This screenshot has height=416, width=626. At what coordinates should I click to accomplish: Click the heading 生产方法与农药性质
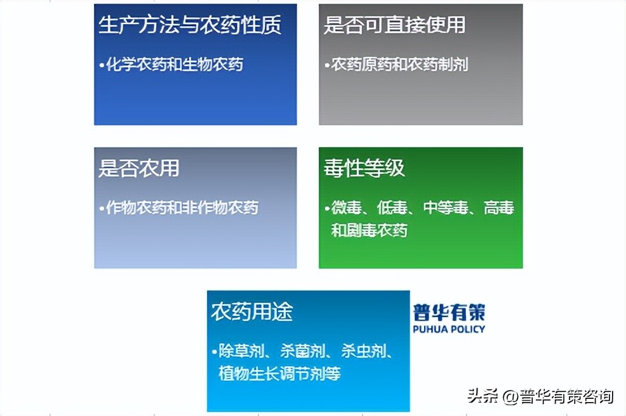point(190,25)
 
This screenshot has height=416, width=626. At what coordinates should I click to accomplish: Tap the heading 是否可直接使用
point(394,25)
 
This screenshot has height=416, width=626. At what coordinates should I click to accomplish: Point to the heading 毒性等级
point(364,168)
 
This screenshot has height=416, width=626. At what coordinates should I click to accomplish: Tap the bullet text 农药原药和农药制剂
point(399,64)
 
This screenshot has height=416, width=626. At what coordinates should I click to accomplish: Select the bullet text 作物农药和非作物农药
point(182,207)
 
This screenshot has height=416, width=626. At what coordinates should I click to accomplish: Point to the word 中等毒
point(446,208)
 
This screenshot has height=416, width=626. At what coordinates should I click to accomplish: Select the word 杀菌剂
point(303,351)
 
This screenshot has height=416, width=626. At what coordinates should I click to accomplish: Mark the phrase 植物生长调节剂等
point(279,373)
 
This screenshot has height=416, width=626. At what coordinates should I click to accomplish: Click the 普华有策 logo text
point(448,313)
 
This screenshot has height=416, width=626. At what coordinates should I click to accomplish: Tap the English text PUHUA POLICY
point(448,329)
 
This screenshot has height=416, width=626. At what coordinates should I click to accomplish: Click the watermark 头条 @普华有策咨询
point(540,397)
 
